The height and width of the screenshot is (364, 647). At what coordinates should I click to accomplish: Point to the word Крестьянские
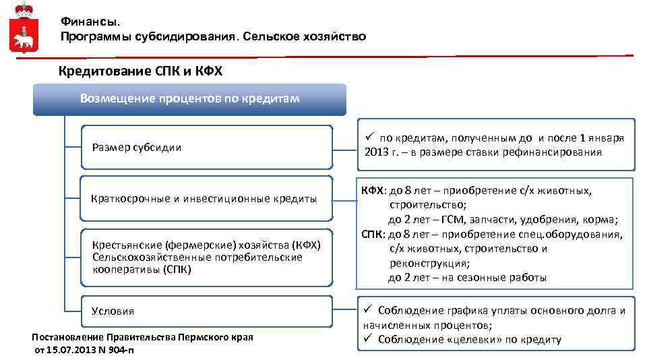pyautogui.click(x=121, y=245)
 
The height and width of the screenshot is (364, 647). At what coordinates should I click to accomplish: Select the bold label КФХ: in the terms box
pyautogui.click(x=373, y=191)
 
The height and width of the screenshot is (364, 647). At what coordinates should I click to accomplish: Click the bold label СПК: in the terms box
pyautogui.click(x=373, y=235)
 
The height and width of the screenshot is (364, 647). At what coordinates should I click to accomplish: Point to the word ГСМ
pyautogui.click(x=449, y=220)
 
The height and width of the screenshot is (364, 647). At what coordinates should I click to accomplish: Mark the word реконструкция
pyautogui.click(x=429, y=263)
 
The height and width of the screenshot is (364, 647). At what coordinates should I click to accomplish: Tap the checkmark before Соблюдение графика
pyautogui.click(x=369, y=311)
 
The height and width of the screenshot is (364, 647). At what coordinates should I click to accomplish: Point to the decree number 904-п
pyautogui.click(x=119, y=350)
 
